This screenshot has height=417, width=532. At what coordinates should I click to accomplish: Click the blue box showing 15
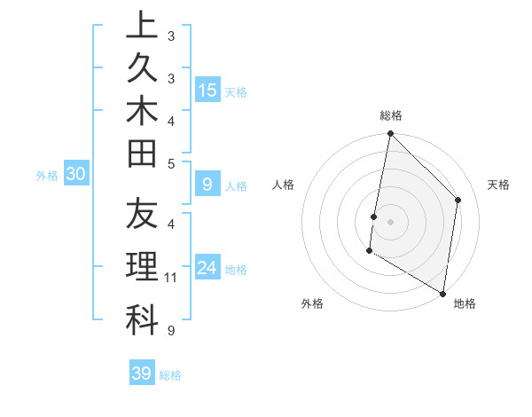207,90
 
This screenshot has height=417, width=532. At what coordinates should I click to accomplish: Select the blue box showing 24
207,268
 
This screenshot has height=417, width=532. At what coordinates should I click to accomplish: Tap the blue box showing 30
76,175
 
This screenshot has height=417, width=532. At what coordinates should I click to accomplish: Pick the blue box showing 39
142,374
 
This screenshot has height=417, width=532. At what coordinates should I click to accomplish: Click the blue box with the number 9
207,185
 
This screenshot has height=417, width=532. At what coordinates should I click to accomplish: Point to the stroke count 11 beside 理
171,279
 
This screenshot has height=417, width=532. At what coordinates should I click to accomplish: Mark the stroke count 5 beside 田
170,162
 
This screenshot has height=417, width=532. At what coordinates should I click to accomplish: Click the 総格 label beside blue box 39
170,375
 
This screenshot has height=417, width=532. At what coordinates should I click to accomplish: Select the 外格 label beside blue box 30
47,176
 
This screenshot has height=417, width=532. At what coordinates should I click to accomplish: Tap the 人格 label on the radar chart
284,185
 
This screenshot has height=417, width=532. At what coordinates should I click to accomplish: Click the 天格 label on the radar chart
499,185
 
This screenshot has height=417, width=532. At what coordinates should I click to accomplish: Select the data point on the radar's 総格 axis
390,134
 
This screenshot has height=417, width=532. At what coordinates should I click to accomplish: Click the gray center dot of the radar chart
390,222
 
